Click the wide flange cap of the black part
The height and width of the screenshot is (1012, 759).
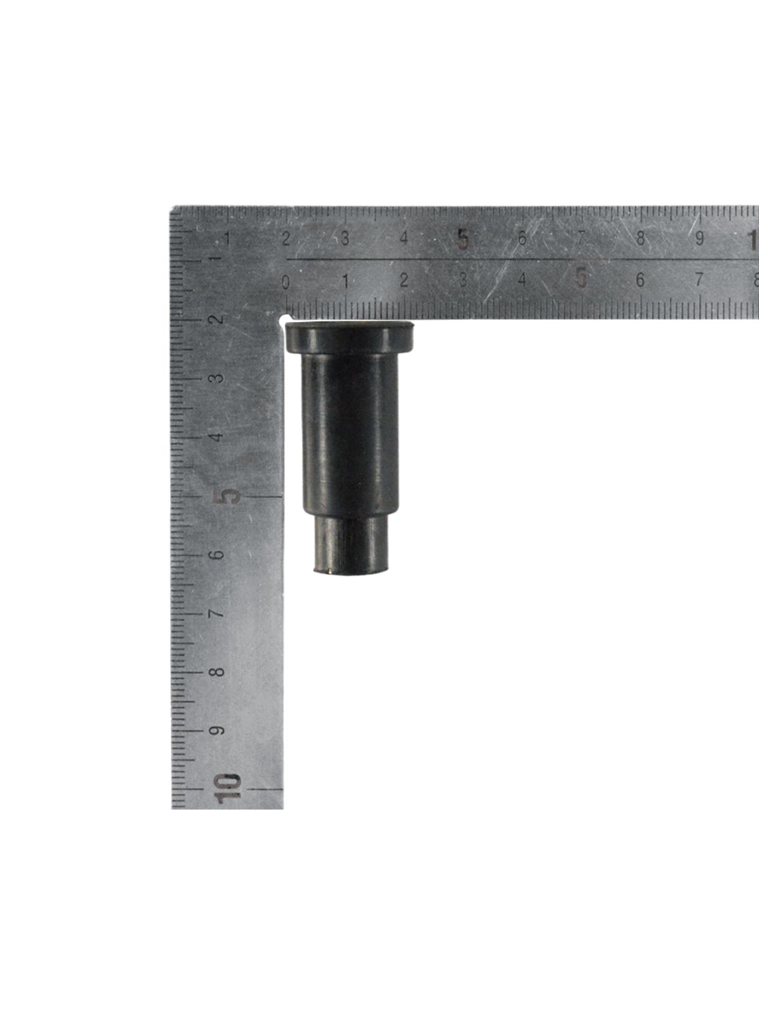point(349,337)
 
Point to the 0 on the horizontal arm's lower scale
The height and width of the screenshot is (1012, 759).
point(286,282)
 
